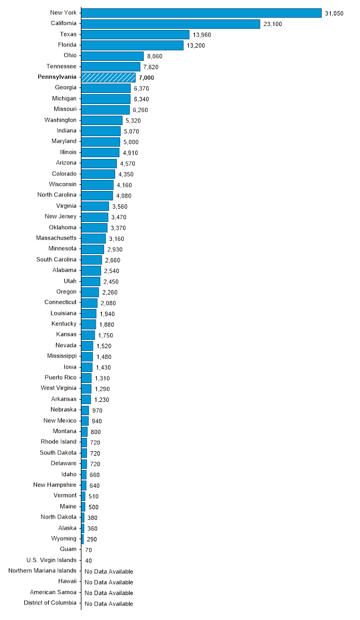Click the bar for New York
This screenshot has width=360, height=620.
pyautogui.click(x=201, y=13)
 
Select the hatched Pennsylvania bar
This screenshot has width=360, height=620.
pyautogui.click(x=109, y=77)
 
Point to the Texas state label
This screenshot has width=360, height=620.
pyautogui.click(x=69, y=34)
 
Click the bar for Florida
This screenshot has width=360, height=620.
pyautogui.click(x=132, y=45)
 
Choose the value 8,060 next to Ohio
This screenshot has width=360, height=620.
pyautogui.click(x=156, y=56)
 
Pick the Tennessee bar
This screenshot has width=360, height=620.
pyautogui.click(x=110, y=66)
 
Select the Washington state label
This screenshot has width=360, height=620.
pyautogui.click(x=60, y=120)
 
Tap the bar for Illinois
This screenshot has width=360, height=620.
pyautogui.click(x=100, y=152)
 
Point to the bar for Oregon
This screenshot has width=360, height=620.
pyautogui.click(x=90, y=292)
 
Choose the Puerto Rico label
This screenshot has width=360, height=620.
pyautogui.click(x=61, y=378)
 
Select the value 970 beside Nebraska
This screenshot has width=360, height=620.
pyautogui.click(x=97, y=410)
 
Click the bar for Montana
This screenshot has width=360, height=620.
pyautogui.click(x=84, y=431)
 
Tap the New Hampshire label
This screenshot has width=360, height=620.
pyautogui.click(x=55, y=485)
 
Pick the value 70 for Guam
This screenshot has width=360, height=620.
pyautogui.click(x=89, y=550)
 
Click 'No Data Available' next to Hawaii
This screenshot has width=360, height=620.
pyautogui.click(x=109, y=582)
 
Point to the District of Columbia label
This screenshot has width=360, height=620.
pyautogui.click(x=50, y=603)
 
